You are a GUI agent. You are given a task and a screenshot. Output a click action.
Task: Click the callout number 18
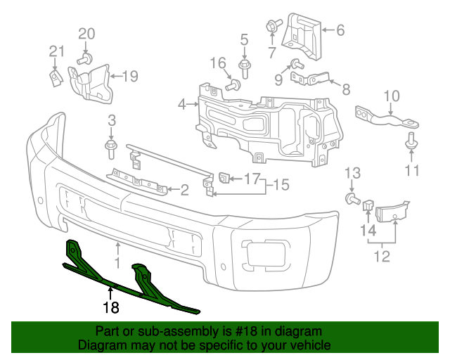[111, 307]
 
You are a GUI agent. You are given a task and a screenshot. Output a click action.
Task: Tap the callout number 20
[86, 33]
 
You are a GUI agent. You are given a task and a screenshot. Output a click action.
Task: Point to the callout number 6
[340, 30]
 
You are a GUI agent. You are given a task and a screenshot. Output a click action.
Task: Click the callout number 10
[392, 96]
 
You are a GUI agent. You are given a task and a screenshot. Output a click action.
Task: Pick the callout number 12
[381, 257]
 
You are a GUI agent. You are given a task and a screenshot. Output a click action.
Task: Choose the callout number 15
[281, 185]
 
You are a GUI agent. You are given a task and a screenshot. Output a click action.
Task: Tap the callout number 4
[182, 105]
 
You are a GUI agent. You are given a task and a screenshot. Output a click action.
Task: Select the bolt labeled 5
[245, 68]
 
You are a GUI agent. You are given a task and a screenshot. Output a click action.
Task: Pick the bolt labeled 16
[233, 86]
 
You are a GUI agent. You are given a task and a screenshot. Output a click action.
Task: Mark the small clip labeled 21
[53, 77]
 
